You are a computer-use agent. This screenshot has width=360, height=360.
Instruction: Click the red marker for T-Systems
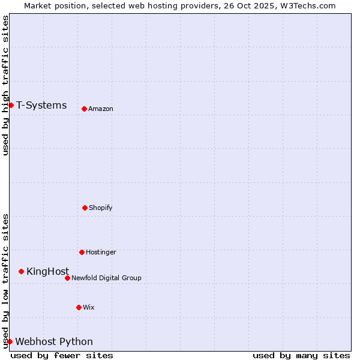[11, 106]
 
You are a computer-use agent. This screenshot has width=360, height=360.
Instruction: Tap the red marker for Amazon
[84, 109]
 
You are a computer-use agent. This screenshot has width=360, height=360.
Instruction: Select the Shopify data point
[85, 208]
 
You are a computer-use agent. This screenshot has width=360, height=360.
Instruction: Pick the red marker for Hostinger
[82, 252]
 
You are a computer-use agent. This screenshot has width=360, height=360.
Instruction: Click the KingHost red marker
[21, 271]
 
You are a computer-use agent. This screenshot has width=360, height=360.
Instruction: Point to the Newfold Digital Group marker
[67, 278]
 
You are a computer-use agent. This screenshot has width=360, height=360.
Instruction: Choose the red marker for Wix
[79, 307]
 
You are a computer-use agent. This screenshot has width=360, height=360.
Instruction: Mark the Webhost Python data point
[10, 341]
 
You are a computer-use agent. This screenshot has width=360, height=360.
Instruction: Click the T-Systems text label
[41, 106]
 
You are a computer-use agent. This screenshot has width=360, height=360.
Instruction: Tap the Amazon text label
[101, 109]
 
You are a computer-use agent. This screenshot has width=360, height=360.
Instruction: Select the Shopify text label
[101, 208]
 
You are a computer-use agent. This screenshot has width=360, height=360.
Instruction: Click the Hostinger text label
[101, 252]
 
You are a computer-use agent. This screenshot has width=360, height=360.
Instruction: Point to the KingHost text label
[47, 271]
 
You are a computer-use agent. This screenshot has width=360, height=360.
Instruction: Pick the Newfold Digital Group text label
[106, 278]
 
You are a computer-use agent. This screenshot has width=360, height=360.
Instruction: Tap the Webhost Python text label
[54, 341]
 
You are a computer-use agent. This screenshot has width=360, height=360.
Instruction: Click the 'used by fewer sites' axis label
[62, 355]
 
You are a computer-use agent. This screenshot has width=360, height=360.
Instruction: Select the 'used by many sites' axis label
[301, 355]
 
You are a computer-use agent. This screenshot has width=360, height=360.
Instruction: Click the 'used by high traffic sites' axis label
[6, 85]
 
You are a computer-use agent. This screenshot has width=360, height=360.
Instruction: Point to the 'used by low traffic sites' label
[6, 280]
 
